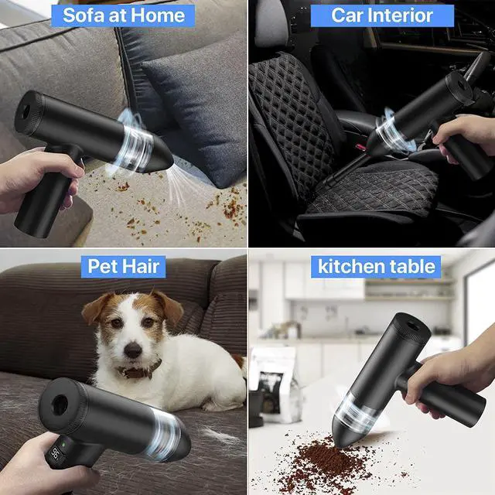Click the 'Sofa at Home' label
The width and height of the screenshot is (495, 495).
[123, 15]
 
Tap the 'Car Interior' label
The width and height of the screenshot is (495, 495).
[382, 15]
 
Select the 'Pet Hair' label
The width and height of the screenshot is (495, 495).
[123, 266]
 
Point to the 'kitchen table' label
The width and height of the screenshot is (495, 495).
[376, 266]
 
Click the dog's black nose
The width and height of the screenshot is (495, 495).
[133, 350]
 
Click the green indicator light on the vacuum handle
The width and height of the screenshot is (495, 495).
[63, 445]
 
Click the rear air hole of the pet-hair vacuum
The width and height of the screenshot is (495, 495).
[60, 405]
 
